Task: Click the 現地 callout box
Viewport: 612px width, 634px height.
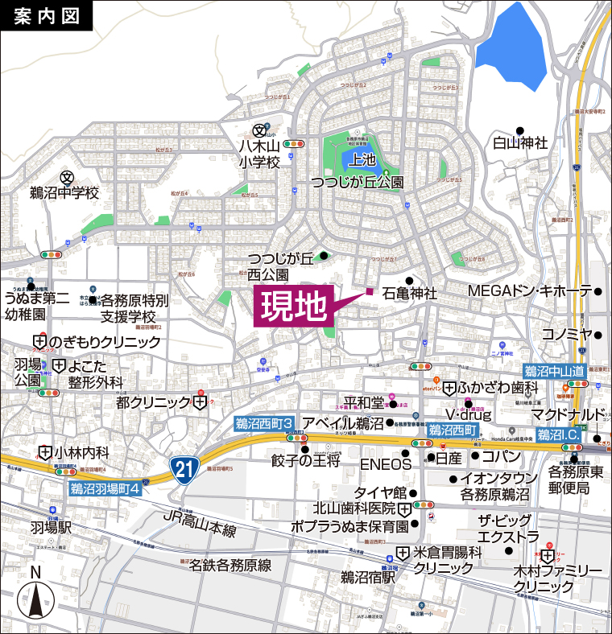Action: click(x=294, y=306)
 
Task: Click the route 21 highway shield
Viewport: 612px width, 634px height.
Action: click(x=184, y=469)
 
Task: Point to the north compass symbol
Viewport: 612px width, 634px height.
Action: click(x=35, y=595)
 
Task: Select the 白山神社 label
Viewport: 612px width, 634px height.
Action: click(x=520, y=143)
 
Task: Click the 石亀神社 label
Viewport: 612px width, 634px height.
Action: click(x=410, y=294)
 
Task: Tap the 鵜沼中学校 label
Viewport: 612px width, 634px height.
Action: click(x=64, y=193)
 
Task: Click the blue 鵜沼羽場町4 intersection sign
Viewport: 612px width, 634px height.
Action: click(x=105, y=488)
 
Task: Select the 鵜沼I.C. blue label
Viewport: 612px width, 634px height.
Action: click(x=558, y=434)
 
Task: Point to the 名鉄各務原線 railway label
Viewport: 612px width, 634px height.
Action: click(x=229, y=565)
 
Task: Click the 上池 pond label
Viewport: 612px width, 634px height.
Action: click(x=358, y=160)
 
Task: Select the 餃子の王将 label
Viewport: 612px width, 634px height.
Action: click(x=306, y=460)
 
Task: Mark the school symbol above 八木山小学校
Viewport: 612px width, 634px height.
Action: click(x=259, y=130)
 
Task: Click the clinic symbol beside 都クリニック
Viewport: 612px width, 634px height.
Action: click(x=199, y=401)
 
